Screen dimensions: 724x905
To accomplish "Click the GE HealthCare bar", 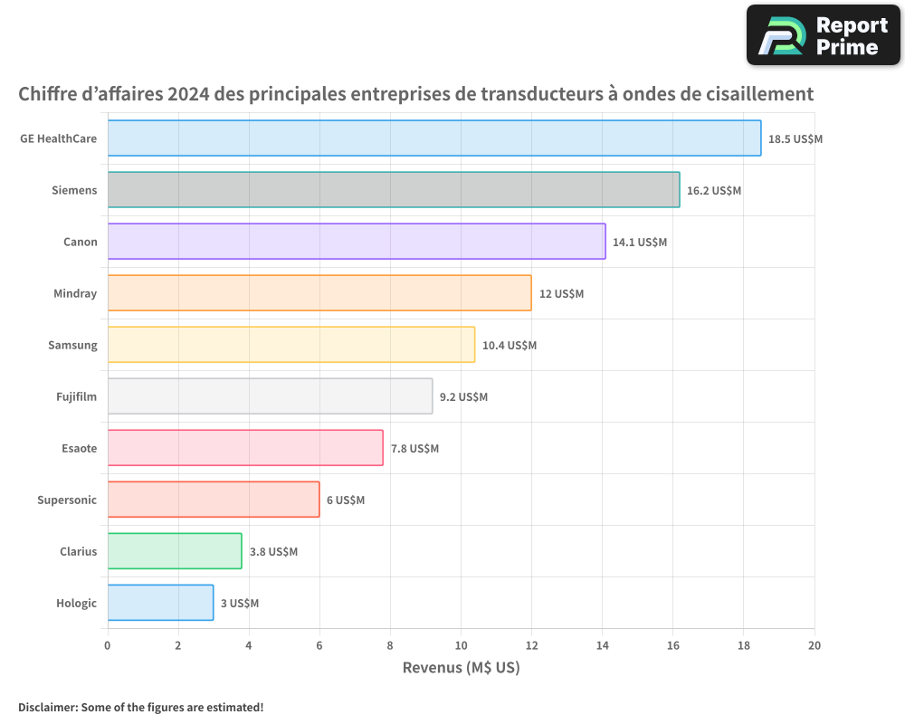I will [434, 138].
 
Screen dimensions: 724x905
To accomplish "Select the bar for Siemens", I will [394, 190].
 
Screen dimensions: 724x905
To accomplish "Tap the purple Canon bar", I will [357, 242].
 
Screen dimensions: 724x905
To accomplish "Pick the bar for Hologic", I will [160, 603].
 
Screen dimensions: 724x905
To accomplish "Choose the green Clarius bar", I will [175, 551].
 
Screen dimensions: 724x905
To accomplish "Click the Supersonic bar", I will [214, 500].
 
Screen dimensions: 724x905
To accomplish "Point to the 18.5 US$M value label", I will [795, 139].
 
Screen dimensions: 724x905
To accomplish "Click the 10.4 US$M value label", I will [510, 346].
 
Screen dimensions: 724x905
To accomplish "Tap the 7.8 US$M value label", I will [414, 449].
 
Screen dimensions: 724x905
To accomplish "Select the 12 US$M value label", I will [561, 294].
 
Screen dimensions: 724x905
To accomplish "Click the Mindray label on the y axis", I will [75, 293].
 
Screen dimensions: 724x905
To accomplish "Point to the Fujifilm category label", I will [76, 396].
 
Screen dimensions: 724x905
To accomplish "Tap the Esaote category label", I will [79, 448].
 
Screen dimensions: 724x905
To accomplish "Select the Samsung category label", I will [72, 345].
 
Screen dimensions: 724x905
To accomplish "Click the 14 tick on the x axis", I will [603, 645].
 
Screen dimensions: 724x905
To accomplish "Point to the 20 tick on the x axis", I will [814, 645].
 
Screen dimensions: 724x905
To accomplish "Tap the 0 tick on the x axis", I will [108, 645].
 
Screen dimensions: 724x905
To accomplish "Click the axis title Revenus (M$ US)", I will [461, 669].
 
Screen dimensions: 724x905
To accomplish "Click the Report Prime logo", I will [824, 35].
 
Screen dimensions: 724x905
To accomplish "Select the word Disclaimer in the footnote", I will [46, 707].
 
